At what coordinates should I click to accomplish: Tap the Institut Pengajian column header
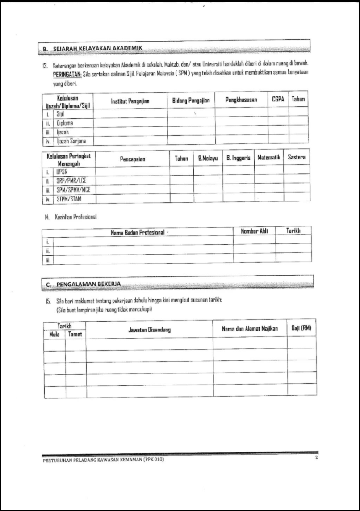(130, 101)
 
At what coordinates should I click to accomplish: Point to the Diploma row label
(65, 122)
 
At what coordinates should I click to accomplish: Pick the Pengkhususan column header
(241, 101)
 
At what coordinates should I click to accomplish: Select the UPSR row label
(62, 172)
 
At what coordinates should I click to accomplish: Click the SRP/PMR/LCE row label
(71, 181)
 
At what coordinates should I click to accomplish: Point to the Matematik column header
(268, 158)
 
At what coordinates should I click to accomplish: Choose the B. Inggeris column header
(238, 158)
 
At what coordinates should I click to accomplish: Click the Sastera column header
(297, 158)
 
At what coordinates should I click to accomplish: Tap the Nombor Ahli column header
(254, 230)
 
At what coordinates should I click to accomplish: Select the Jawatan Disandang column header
(149, 329)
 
